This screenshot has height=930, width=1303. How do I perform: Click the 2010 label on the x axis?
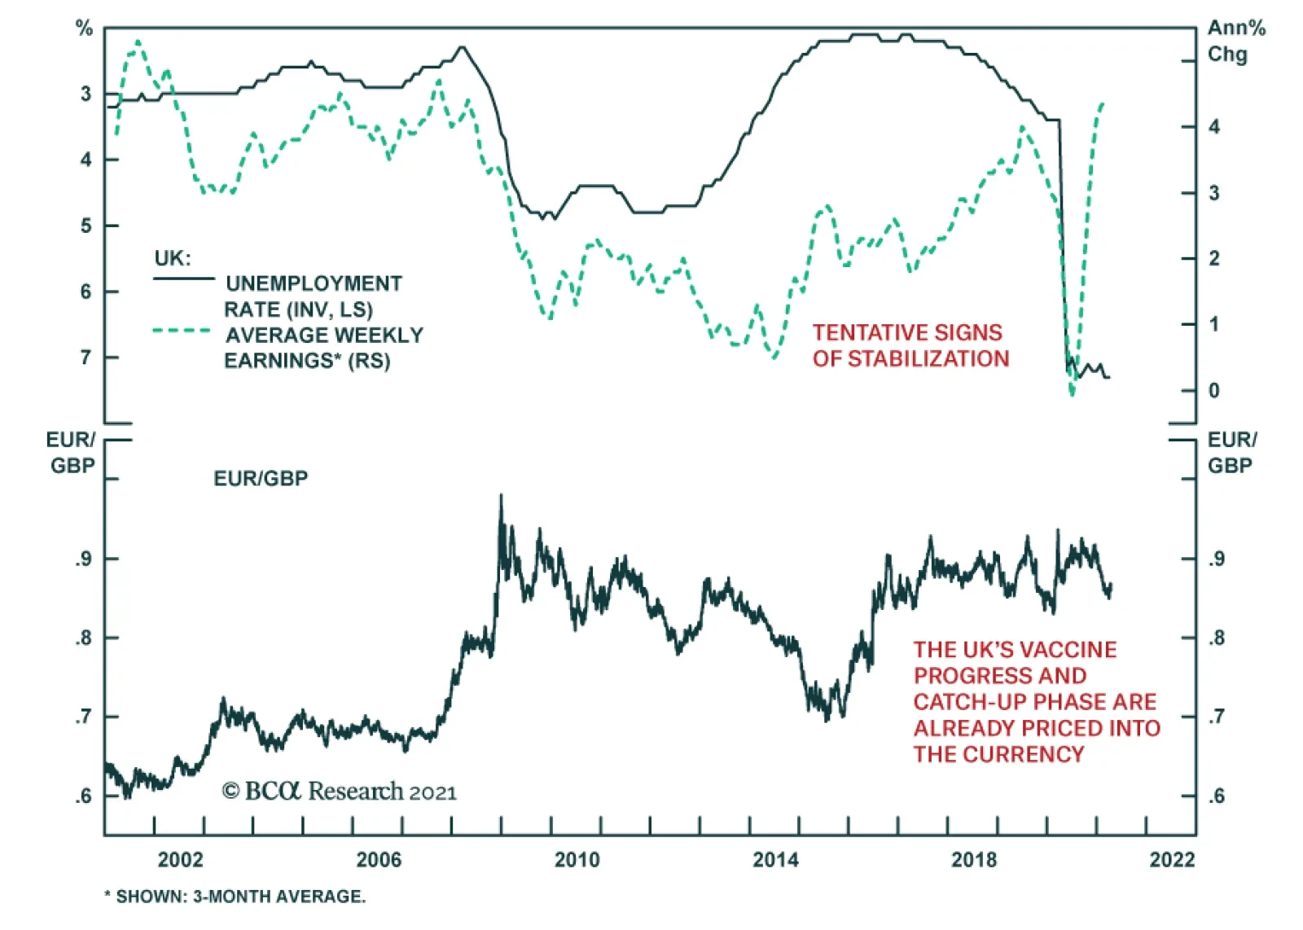(577, 860)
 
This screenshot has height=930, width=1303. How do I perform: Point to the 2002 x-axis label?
(180, 860)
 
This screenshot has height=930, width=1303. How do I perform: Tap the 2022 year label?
(1172, 860)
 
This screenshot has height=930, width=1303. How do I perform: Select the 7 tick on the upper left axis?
(86, 358)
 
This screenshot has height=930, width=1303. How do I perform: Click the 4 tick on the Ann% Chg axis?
(1213, 127)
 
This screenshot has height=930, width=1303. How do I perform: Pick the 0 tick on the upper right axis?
(1213, 391)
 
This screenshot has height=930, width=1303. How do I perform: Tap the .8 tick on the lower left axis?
(84, 638)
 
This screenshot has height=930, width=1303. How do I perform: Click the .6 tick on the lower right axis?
(1215, 796)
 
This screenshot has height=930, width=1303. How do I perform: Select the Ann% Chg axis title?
(1235, 42)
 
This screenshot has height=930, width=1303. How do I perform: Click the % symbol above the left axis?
(85, 29)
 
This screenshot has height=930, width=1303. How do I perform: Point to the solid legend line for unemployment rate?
(183, 279)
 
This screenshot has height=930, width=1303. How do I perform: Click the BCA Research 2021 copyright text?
(339, 792)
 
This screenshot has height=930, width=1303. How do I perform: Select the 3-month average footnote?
(235, 897)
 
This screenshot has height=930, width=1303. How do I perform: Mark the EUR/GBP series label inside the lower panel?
(261, 479)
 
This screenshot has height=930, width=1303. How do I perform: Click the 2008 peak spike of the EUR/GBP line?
(501, 496)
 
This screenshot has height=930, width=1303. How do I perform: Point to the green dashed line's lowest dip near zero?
(1072, 394)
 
